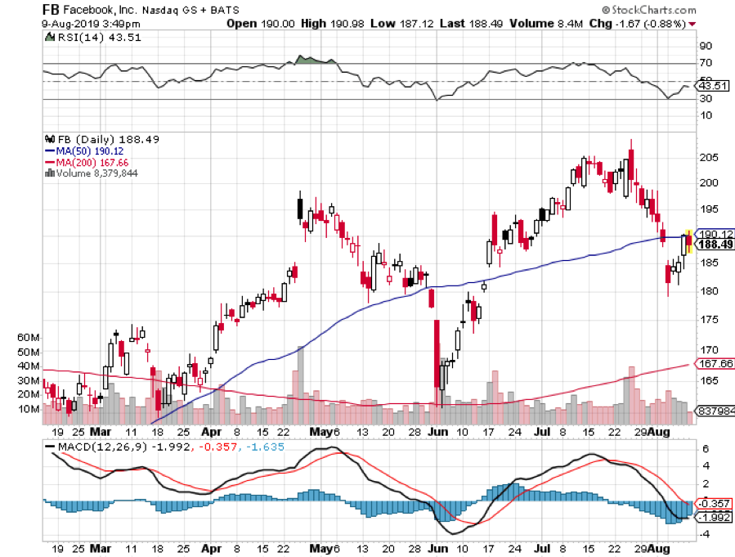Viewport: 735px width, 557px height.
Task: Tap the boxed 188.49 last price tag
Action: (713, 244)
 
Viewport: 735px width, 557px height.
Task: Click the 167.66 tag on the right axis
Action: (712, 363)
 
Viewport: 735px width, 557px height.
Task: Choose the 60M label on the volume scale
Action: (29, 337)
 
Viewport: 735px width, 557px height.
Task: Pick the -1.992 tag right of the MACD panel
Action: (712, 516)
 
